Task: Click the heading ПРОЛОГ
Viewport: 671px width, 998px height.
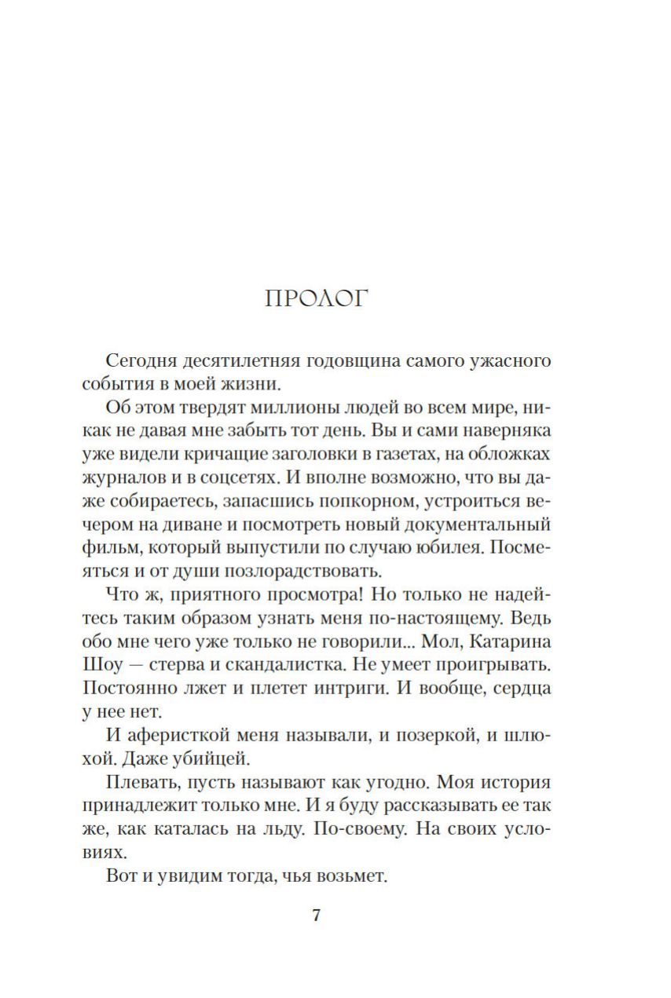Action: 317,299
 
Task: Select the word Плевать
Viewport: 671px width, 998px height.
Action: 138,783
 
